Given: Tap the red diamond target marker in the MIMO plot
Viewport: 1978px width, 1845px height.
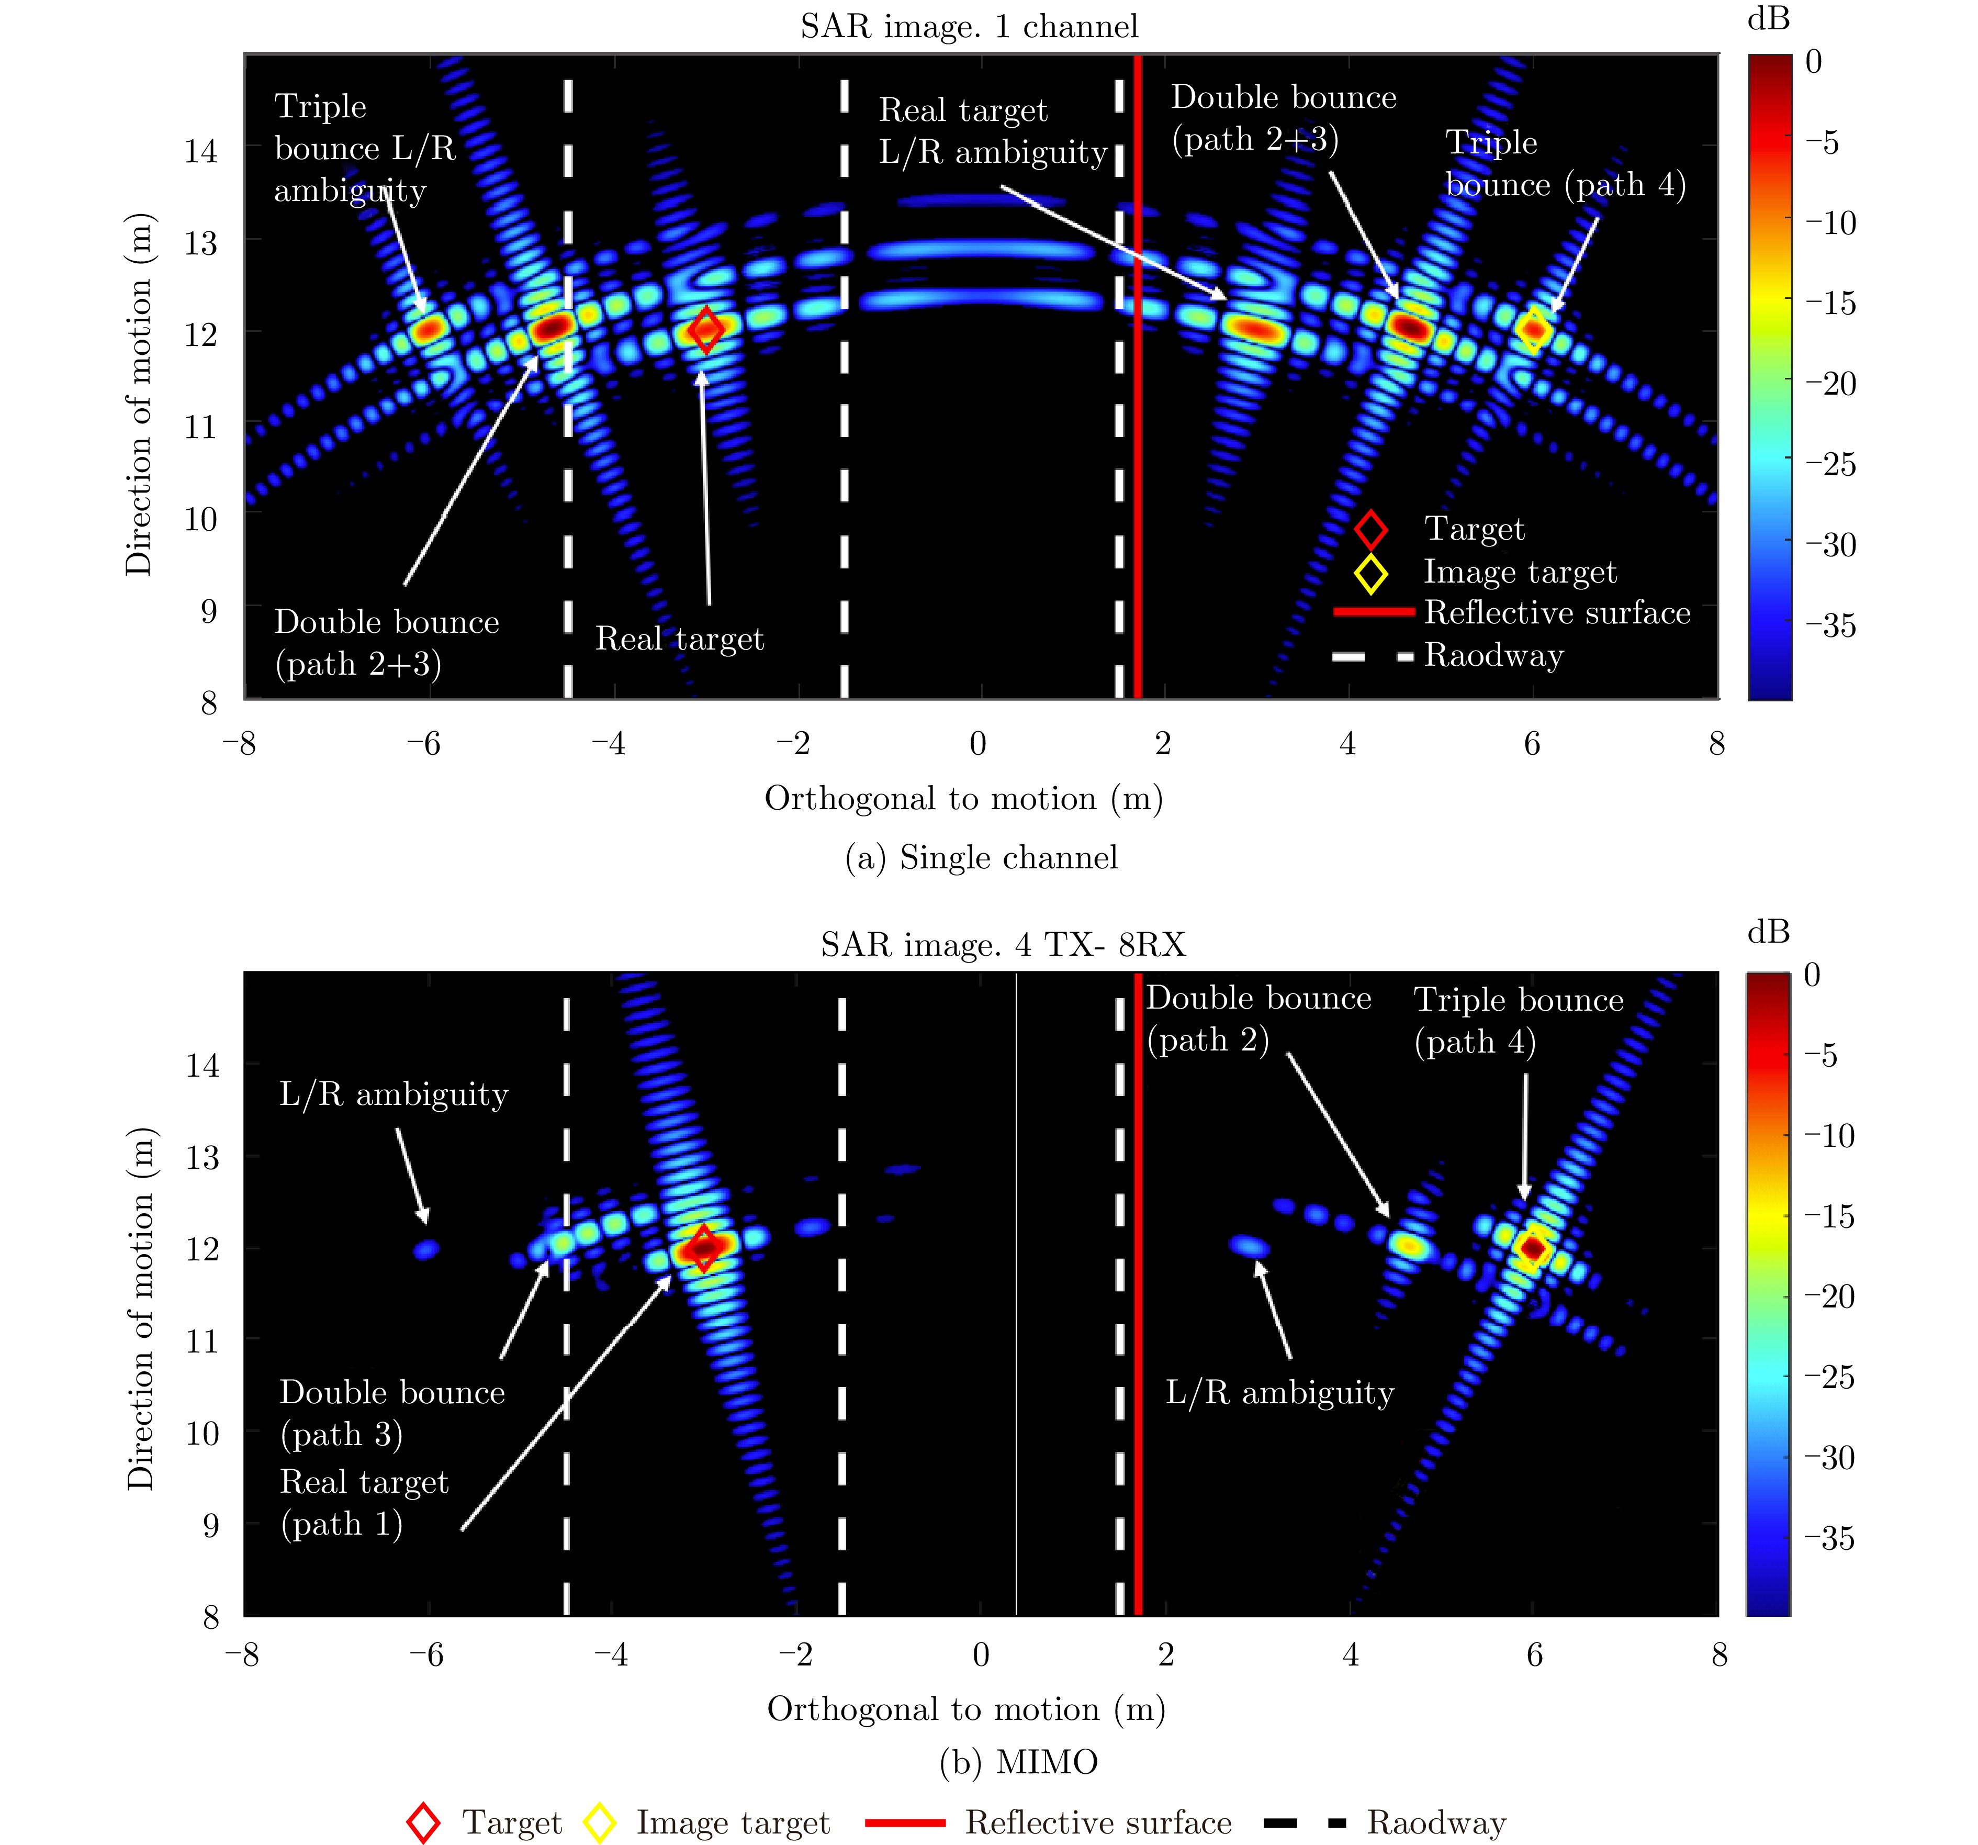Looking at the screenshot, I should click(x=703, y=1247).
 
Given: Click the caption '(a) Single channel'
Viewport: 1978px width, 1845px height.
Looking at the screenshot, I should click(x=981, y=857).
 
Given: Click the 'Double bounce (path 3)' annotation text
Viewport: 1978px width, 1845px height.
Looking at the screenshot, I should click(x=392, y=1413).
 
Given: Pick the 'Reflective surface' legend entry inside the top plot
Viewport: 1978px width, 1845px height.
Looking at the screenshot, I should click(x=1557, y=613).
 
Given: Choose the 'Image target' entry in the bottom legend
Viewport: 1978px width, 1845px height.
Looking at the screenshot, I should click(x=732, y=1822).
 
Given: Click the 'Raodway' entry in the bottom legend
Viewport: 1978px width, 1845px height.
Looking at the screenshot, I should click(x=1436, y=1822).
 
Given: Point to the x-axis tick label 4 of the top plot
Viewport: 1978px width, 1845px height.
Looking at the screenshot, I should click(x=1347, y=743).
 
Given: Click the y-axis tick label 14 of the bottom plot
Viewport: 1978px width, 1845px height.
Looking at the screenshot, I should click(x=202, y=1066).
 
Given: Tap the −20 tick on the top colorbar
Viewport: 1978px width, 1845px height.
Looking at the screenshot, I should click(x=1831, y=383).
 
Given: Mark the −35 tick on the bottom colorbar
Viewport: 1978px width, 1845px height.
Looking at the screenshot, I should click(x=1829, y=1538).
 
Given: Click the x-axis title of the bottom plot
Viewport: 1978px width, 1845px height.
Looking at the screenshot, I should click(x=966, y=1709).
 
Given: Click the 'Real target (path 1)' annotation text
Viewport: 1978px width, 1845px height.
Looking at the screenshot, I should click(x=364, y=1503).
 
